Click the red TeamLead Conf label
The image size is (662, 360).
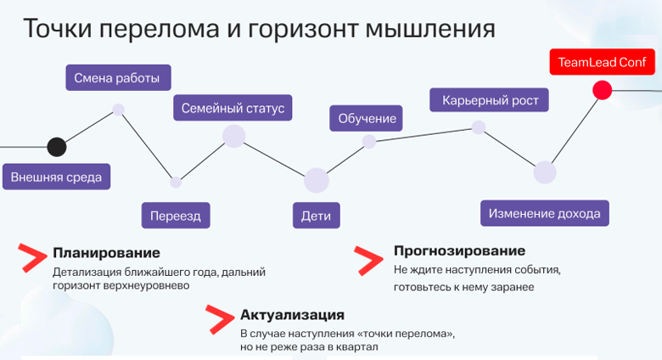pyautogui.click(x=602, y=62)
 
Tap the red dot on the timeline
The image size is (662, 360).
pyautogui.click(x=602, y=90)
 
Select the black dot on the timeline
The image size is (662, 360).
pyautogui.click(x=56, y=147)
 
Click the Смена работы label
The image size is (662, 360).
pyautogui.click(x=117, y=78)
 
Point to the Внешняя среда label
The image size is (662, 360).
pyautogui.click(x=56, y=177)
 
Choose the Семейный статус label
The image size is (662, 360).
pyautogui.click(x=233, y=109)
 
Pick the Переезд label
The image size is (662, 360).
pyautogui.click(x=176, y=216)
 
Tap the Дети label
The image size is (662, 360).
pyautogui.click(x=316, y=216)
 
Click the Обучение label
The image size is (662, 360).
pyautogui.click(x=367, y=118)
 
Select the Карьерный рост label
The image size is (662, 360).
pyautogui.click(x=490, y=100)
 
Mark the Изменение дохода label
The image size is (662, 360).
pyautogui.click(x=544, y=213)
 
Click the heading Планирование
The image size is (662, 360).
pyautogui.click(x=106, y=252)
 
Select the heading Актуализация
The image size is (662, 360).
pyautogui.click(x=292, y=314)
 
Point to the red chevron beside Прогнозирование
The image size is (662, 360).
pyautogui.click(x=368, y=260)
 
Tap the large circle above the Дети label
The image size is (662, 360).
pyautogui.click(x=316, y=180)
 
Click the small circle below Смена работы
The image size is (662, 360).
pyautogui.click(x=119, y=110)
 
